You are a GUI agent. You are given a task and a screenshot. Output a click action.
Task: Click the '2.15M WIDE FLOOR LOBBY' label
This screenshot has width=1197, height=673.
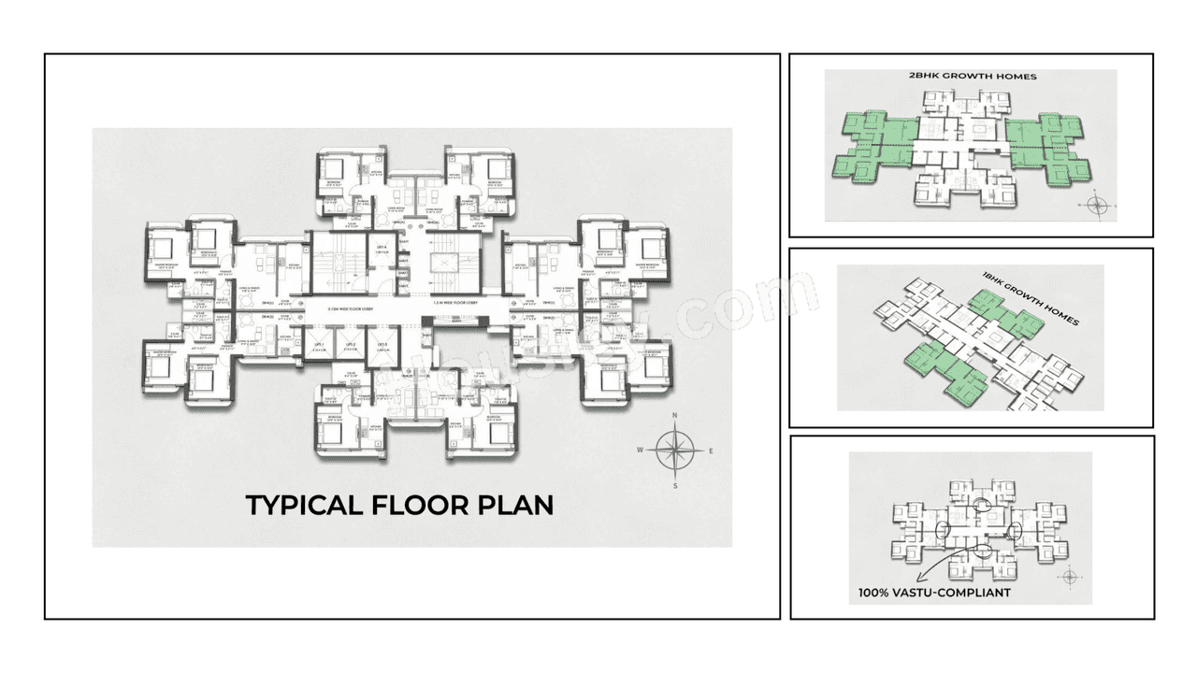click(x=353, y=306)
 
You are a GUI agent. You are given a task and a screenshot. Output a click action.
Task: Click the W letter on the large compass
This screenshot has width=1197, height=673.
click(x=641, y=450)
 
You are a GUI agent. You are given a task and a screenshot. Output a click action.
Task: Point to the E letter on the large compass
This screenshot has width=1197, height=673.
click(x=711, y=451)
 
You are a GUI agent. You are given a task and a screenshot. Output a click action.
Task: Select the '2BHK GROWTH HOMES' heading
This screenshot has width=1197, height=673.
click(x=966, y=77)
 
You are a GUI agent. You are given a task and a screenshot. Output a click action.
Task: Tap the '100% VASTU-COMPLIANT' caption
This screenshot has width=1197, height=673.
click(x=934, y=593)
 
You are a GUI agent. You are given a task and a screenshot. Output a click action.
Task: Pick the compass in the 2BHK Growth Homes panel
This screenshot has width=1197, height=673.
click(x=1096, y=204)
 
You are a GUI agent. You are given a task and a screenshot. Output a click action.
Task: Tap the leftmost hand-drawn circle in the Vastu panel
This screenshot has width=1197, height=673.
click(x=940, y=530)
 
